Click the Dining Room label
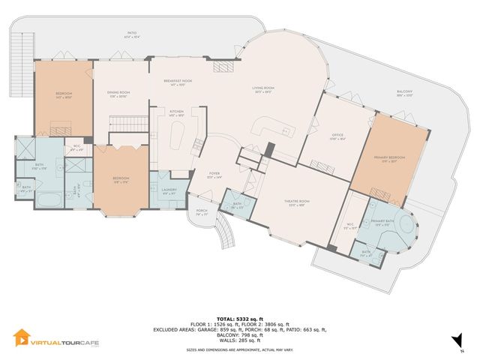tap(121, 94)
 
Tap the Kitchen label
tap(176, 114)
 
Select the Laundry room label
tap(169, 190)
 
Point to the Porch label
tap(202, 212)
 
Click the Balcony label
tap(405, 94)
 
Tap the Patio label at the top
tap(132, 32)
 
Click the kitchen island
tap(177, 139)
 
